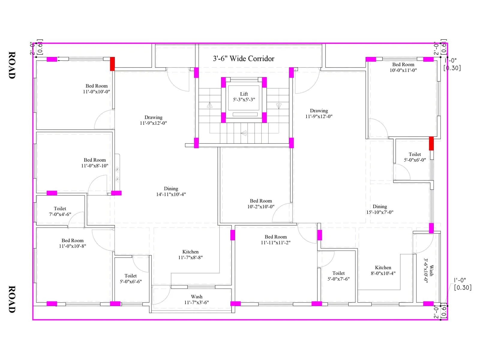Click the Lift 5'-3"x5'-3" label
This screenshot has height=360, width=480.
tap(244, 97)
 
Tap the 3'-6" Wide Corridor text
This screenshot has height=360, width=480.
tap(244, 58)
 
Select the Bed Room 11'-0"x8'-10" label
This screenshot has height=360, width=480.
tap(95, 163)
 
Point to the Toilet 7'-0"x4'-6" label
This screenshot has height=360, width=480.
tap(60, 211)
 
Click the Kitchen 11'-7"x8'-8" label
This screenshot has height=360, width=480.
tap(190, 254)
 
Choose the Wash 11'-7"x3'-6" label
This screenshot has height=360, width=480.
tap(196, 299)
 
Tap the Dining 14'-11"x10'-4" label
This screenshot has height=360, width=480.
tap(171, 191)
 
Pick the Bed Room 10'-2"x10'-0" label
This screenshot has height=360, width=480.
tap(261, 203)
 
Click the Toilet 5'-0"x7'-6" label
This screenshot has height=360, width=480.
tap(338, 276)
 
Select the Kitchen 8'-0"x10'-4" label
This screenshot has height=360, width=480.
tap(383, 270)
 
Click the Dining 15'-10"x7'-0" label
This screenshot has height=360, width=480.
tap(380, 209)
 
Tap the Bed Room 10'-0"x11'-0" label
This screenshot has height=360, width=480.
tap(403, 67)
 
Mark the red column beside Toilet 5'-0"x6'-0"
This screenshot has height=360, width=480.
tap(431, 143)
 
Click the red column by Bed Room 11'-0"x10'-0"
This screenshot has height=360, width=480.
tap(112, 64)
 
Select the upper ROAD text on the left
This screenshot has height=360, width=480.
tap(11, 65)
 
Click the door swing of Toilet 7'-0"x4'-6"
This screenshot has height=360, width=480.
tap(76, 219)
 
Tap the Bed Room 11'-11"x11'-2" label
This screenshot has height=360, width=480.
tap(276, 239)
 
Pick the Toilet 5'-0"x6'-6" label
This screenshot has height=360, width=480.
tap(131, 278)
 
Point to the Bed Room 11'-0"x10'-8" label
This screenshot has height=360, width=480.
tap(73, 243)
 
